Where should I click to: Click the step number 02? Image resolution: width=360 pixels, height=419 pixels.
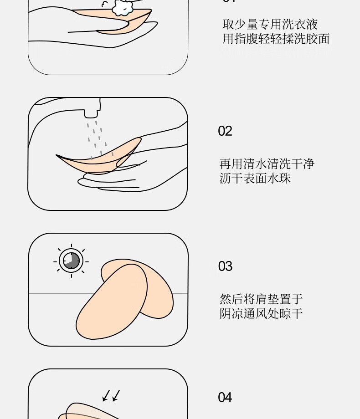click(225, 131)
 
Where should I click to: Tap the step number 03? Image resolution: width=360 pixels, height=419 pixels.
click(225, 266)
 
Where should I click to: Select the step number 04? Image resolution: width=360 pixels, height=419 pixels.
click(225, 397)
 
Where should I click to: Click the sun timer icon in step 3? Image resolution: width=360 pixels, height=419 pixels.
click(71, 261)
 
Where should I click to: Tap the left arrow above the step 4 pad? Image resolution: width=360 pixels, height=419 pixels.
click(106, 396)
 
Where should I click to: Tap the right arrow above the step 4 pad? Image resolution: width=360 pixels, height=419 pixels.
click(116, 396)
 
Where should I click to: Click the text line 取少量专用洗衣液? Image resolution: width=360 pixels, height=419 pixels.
click(270, 24)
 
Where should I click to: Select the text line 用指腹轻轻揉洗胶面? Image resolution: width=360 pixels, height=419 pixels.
click(276, 39)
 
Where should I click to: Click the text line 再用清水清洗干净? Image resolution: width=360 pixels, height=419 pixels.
click(267, 164)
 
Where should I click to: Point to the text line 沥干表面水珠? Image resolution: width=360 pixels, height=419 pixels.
click(255, 178)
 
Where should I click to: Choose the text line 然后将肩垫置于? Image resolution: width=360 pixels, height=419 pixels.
click(261, 299)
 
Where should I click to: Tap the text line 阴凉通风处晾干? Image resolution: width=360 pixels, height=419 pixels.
click(261, 313)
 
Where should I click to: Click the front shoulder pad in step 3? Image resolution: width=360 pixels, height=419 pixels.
click(112, 302)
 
